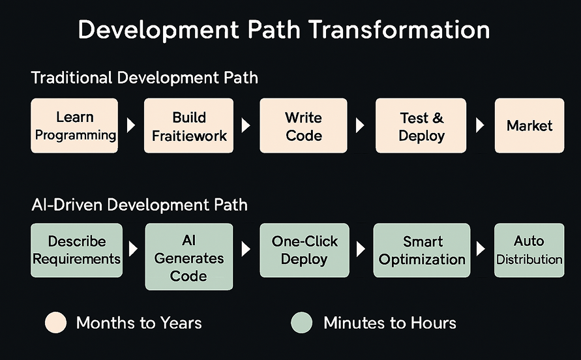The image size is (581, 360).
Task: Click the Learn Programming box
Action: point(74,126)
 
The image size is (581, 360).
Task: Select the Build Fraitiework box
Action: point(188,126)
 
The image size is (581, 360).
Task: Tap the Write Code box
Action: point(303,126)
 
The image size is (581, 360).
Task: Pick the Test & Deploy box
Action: point(421,126)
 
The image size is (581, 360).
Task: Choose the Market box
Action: point(529,126)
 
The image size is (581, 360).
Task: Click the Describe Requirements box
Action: point(77,250)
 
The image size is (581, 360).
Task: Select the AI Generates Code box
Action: point(189,256)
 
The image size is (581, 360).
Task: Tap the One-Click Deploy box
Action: point(305,250)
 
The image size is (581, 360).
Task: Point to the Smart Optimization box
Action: point(422,250)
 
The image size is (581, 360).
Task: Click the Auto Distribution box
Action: point(529,250)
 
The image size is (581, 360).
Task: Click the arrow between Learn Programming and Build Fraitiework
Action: point(131,125)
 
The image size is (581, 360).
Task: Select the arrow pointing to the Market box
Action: point(480,125)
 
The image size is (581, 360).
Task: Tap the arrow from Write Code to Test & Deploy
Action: point(360,125)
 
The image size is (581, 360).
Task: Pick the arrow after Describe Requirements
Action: point(133,248)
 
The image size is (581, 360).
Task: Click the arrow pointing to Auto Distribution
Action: point(481,248)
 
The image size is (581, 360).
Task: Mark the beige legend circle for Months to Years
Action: point(55,323)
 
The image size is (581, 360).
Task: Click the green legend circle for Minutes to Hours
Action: point(302,323)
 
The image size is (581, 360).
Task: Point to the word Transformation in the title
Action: point(399,29)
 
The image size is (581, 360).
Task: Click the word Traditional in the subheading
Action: point(72,78)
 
